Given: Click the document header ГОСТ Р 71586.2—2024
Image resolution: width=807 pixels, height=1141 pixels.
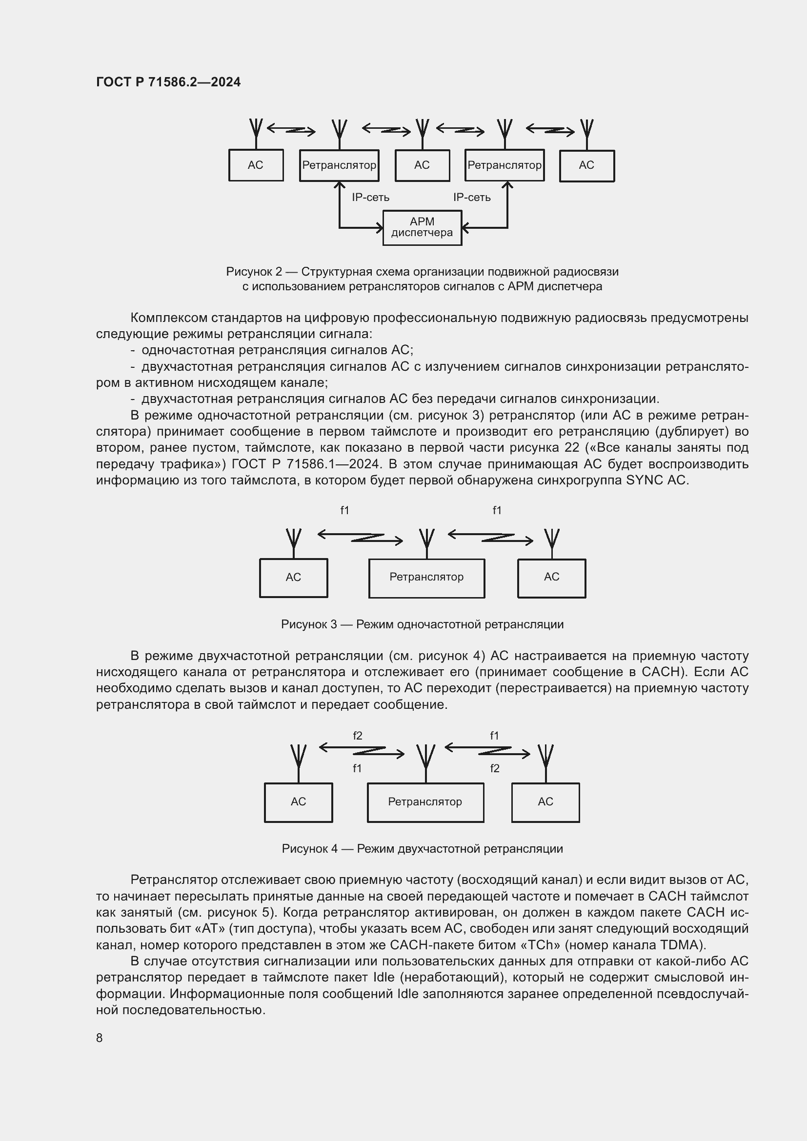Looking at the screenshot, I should (x=168, y=82).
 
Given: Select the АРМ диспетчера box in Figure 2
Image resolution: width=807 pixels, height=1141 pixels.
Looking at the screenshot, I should (x=422, y=228).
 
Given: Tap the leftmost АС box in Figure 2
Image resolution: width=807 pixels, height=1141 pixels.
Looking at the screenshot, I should (x=256, y=165).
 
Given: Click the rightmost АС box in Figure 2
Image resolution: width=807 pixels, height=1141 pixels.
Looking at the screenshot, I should (x=586, y=165).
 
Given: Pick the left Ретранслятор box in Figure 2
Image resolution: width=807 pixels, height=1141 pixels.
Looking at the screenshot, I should (x=339, y=165).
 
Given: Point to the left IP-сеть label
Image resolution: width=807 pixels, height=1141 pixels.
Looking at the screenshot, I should (x=370, y=197).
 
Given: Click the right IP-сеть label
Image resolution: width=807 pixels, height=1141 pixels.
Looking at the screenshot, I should (x=472, y=197).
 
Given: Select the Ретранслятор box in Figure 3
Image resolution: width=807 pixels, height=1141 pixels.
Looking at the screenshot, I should (x=426, y=578).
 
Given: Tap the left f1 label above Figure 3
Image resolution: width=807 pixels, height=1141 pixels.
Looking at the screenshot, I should (x=344, y=510).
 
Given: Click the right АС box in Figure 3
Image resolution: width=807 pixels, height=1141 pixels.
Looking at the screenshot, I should (x=552, y=578).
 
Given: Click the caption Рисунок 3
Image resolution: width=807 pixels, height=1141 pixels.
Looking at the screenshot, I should (x=422, y=624).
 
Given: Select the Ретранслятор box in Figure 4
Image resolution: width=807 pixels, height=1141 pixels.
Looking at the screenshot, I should (x=425, y=801).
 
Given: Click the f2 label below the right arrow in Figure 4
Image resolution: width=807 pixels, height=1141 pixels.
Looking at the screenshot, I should (x=494, y=768).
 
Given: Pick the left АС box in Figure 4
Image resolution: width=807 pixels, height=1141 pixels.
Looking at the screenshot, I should (x=298, y=801).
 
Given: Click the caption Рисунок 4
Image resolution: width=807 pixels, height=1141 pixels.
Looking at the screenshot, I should (x=422, y=848).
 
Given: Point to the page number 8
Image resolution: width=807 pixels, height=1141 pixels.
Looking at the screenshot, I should (x=100, y=1038).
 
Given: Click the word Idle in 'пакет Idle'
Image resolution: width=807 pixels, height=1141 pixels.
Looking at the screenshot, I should (x=383, y=978).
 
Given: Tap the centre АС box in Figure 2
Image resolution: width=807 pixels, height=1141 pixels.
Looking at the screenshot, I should (x=422, y=165).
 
